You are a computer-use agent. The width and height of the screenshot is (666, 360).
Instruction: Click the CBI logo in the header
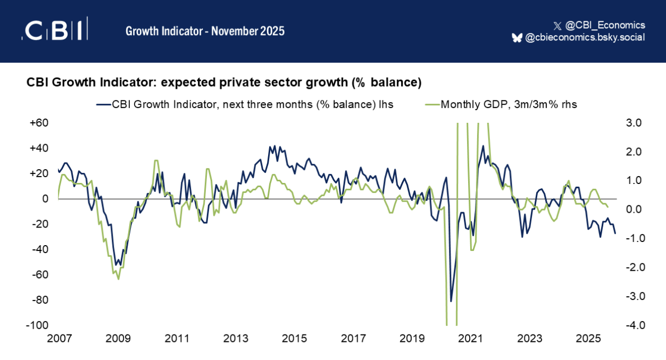54,30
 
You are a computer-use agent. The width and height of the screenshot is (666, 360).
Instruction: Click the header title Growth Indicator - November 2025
205,31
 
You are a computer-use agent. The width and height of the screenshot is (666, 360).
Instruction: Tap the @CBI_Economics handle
604,25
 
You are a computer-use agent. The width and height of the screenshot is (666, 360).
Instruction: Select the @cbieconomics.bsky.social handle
585,37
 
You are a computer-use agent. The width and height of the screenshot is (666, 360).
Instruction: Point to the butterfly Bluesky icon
517,37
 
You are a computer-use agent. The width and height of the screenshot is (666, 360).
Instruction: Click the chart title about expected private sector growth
224,83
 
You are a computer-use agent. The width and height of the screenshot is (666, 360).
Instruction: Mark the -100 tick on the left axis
38,325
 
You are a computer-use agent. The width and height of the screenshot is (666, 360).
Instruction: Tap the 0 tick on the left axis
46,199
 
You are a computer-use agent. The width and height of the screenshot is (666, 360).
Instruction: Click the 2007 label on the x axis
59,339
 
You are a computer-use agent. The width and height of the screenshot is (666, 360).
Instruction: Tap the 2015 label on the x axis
294,339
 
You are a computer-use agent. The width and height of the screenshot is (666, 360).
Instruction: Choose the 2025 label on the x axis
588,339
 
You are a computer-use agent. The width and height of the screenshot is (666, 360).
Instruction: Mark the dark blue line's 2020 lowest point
451,302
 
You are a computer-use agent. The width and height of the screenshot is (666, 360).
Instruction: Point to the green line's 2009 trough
118,279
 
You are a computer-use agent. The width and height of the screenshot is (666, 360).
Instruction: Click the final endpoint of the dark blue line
615,233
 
